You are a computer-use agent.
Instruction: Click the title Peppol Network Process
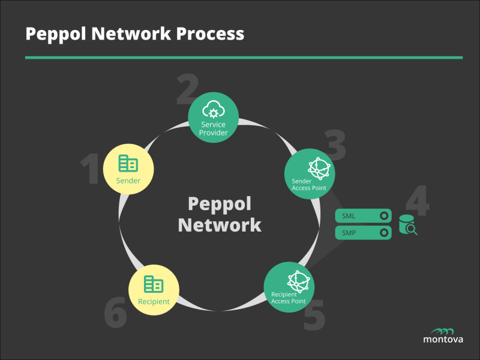(134, 34)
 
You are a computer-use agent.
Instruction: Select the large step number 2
(187, 89)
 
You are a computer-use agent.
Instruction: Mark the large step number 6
(116, 313)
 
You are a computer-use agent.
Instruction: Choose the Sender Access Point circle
(309, 173)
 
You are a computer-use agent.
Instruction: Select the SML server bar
(363, 216)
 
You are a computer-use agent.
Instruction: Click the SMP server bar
(363, 232)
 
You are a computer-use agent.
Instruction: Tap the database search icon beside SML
(408, 225)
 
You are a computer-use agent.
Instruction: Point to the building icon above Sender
(128, 163)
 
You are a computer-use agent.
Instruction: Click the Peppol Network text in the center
(220, 214)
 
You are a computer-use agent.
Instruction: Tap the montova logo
(443, 334)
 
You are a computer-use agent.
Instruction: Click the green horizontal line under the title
(244, 58)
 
